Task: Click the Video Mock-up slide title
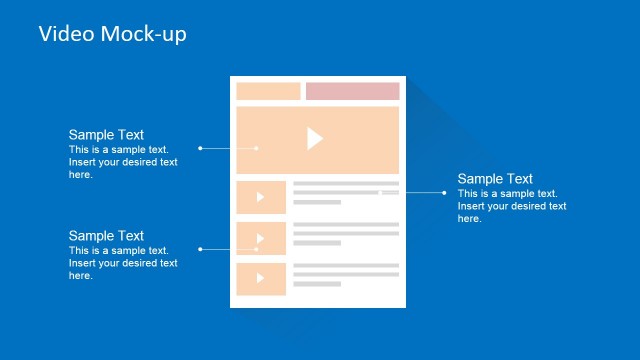tap(112, 34)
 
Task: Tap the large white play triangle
tap(314, 139)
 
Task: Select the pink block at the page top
tap(352, 91)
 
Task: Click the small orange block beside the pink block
tap(268, 91)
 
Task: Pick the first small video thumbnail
tap(261, 197)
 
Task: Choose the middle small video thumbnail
tap(261, 238)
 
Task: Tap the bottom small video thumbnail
tap(261, 279)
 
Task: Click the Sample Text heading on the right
tap(495, 179)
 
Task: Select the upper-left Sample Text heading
tap(106, 135)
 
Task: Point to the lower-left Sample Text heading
tap(106, 236)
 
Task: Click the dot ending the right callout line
tap(443, 193)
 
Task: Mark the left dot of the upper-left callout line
tap(200, 148)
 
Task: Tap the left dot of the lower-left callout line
tap(200, 248)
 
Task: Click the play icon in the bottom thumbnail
tap(261, 279)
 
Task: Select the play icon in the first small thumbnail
tap(261, 197)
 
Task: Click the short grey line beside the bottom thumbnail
tap(317, 285)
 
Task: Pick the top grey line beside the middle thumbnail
tap(345, 224)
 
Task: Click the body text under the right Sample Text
tap(511, 205)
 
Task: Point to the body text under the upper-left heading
tap(122, 161)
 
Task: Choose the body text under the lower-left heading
tap(122, 262)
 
